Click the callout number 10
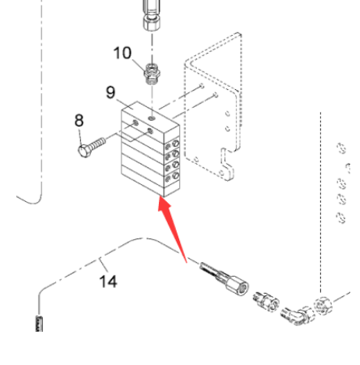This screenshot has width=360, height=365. pyautogui.click(x=122, y=53)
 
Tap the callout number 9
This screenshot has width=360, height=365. pyautogui.click(x=110, y=92)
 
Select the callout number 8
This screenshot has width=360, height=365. pyautogui.click(x=79, y=120)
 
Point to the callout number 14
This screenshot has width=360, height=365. pyautogui.click(x=109, y=281)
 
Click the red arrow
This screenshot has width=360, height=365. pyautogui.click(x=172, y=230)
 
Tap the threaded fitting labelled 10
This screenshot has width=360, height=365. pyautogui.click(x=152, y=74)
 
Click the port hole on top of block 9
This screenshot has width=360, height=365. pyautogui.click(x=152, y=118)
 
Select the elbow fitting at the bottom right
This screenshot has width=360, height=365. pyautogui.click(x=298, y=316)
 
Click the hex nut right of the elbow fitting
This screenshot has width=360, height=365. pyautogui.click(x=323, y=306)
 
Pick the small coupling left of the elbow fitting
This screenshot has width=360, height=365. pyautogui.click(x=266, y=302)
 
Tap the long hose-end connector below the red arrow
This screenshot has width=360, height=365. pyautogui.click(x=224, y=277)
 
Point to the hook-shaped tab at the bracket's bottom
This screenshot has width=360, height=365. pyautogui.click(x=227, y=165)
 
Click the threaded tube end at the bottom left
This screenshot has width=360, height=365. pyautogui.click(x=40, y=324)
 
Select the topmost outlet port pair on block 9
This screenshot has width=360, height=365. pyautogui.click(x=172, y=144)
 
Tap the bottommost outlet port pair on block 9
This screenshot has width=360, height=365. pyautogui.click(x=172, y=177)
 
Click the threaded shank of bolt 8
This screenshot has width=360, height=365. pyautogui.click(x=97, y=144)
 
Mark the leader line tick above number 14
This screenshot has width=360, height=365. pyautogui.click(x=104, y=265)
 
